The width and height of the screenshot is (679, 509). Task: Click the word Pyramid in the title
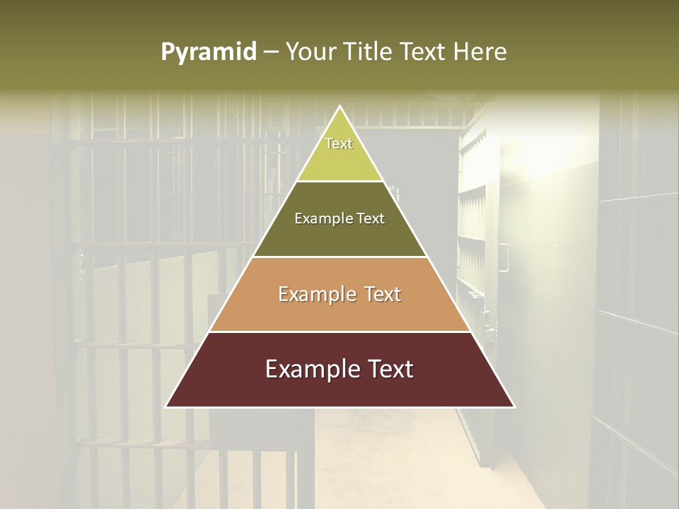click(x=208, y=52)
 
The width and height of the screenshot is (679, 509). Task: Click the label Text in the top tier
click(x=339, y=144)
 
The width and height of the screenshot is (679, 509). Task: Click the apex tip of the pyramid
click(x=339, y=107)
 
